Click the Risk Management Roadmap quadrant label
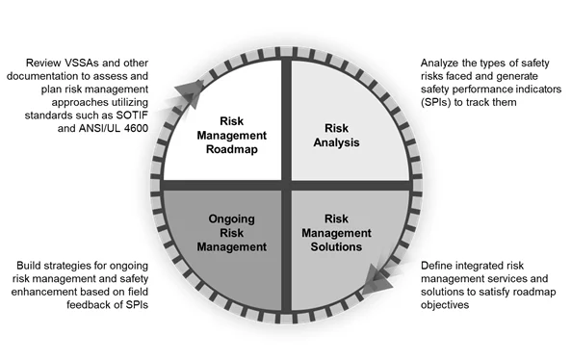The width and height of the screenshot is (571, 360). point(232,135)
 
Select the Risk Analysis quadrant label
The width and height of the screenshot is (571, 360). point(336,135)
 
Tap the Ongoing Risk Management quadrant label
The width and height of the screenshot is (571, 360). point(232,233)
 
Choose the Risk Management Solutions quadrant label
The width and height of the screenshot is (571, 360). point(336,233)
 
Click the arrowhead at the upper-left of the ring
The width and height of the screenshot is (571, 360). point(190,91)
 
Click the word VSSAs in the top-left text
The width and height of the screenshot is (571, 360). point(82,63)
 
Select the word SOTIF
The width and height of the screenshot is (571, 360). point(132,116)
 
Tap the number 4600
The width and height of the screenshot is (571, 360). point(136,128)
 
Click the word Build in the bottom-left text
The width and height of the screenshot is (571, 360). point(27,266)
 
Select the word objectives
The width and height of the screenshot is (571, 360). point(445,305)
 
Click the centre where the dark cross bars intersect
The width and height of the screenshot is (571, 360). point(286,185)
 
